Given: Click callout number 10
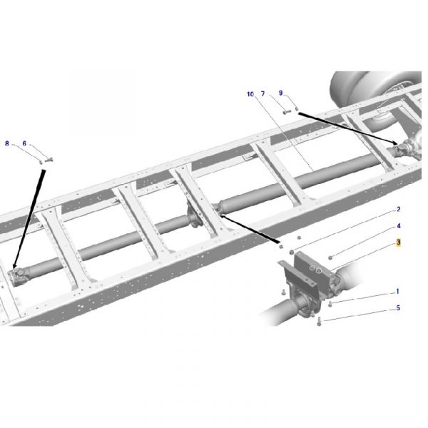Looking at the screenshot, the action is [250, 94].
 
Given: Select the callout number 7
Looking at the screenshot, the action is [263, 94].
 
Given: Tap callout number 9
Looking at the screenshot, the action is [281, 93].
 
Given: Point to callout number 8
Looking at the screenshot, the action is [7, 143].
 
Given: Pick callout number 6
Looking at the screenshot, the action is [24, 143].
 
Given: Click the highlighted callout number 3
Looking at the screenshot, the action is [399, 243].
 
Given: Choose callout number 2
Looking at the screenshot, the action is [399, 209].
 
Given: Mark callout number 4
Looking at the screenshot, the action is [399, 226].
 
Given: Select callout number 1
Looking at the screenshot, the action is [398, 292].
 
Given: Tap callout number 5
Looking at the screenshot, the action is [398, 308].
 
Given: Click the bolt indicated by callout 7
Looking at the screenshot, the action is [286, 111].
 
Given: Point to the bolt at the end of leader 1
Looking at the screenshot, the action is [330, 303].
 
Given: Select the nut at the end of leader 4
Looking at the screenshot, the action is [330, 257].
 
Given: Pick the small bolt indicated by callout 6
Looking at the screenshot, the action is [49, 160].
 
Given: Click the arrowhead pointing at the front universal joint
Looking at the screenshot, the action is [15, 265].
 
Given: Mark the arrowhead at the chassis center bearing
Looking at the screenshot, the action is [222, 216].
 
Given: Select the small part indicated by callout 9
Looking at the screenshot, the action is [297, 109].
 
